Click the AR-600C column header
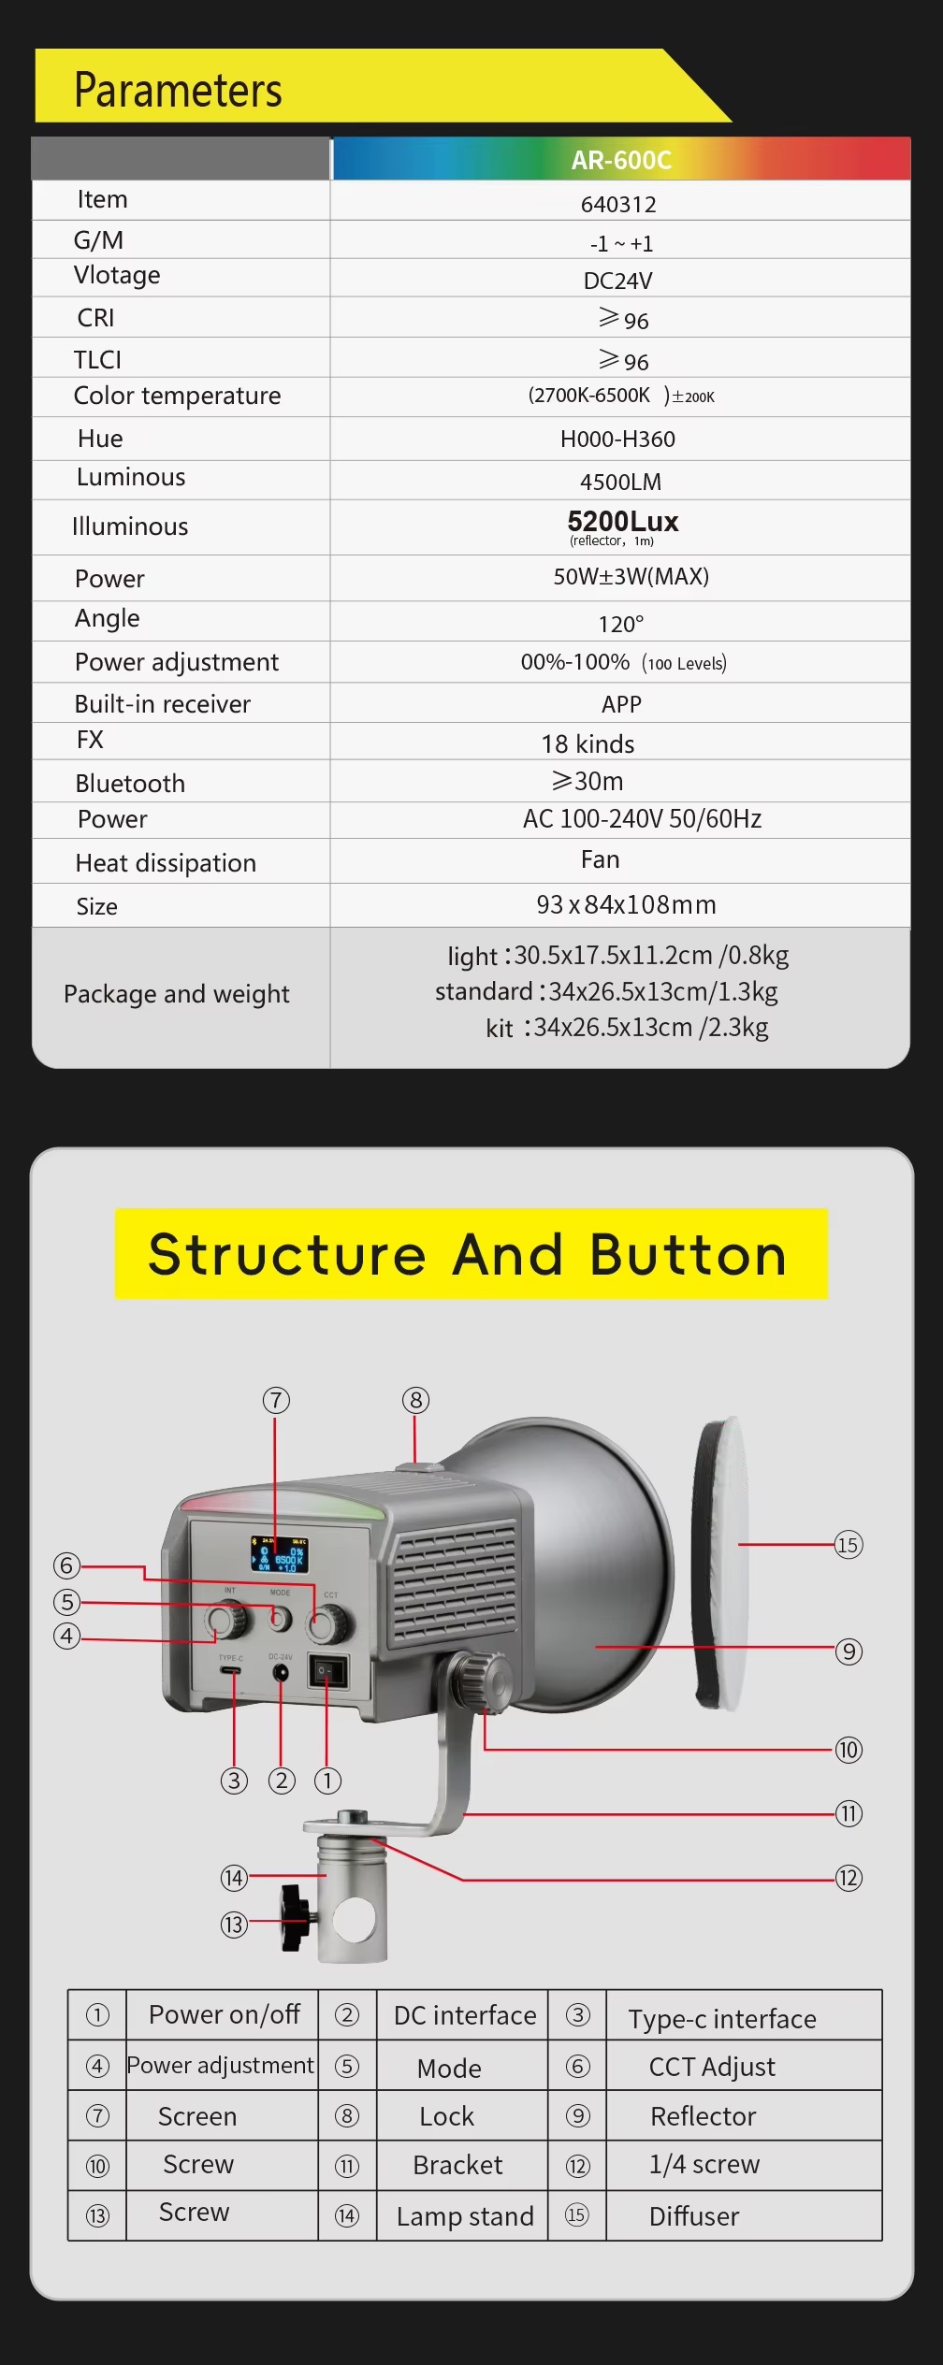click(621, 160)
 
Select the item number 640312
click(618, 204)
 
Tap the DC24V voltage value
click(617, 281)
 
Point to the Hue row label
click(100, 439)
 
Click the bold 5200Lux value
click(622, 521)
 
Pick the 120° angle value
click(620, 624)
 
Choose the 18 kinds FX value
click(588, 743)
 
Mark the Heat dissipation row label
click(166, 862)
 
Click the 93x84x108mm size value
click(626, 904)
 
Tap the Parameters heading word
click(178, 90)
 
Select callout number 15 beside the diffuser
click(848, 1544)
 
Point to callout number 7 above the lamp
click(275, 1400)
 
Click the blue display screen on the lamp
click(278, 1554)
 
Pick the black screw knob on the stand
click(295, 1918)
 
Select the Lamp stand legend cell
click(464, 2215)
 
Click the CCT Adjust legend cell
click(711, 2066)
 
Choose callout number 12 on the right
click(848, 1878)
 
